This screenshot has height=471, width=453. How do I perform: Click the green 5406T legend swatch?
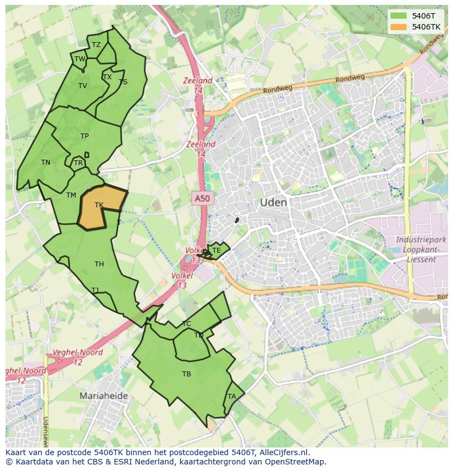pos(399,16)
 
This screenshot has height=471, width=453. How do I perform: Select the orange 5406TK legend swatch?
pos(399,27)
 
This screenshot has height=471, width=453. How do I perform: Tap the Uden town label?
pos(273,202)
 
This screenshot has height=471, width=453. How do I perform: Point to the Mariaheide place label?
pos(103,396)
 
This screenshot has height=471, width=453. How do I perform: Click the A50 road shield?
pos(202,199)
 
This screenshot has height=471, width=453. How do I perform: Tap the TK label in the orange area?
pos(99,205)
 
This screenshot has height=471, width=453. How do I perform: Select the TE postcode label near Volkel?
pos(217,251)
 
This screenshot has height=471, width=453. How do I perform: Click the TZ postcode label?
pos(96,45)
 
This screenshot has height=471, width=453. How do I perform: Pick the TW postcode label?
pos(80,59)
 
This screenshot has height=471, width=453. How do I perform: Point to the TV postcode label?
pos(83,86)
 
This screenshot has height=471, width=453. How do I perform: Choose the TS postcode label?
pos(123,82)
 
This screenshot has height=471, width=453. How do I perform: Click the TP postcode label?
pos(84,136)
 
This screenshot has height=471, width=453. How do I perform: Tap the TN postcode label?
pos(45,162)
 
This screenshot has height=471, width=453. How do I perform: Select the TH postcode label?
pos(99,264)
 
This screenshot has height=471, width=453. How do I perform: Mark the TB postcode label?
pos(187,374)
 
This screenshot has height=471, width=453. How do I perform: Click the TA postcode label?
pos(232,397)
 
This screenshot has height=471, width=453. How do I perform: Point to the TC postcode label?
pos(187,324)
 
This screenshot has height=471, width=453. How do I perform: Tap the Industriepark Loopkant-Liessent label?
pos(421,249)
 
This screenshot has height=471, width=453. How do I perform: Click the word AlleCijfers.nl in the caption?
pos(284,452)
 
